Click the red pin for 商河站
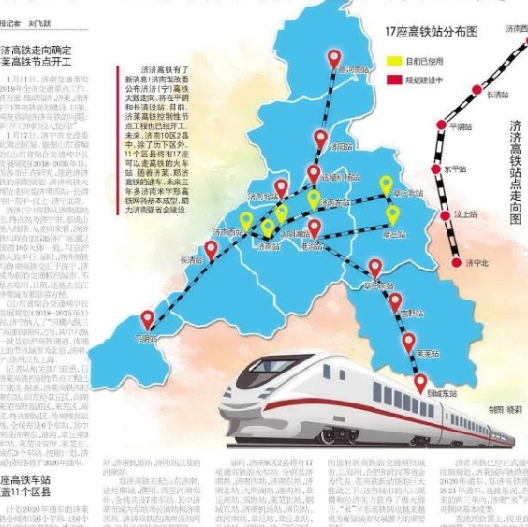click(x=334, y=59)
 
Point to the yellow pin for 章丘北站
click(x=386, y=184)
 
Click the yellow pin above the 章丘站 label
click(x=393, y=214)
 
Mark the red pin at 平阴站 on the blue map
click(x=148, y=319)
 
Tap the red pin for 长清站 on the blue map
click(x=212, y=249)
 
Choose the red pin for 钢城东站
click(x=420, y=382)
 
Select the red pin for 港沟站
click(x=315, y=227)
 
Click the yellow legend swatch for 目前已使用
click(x=393, y=61)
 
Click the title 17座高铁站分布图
click(x=431, y=32)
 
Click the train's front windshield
click(x=242, y=383)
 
